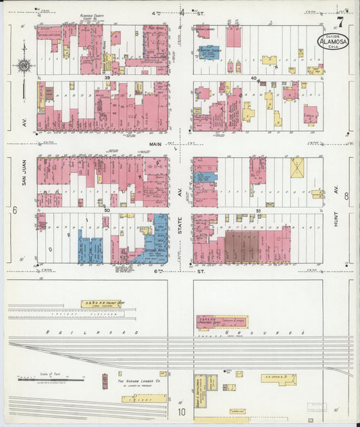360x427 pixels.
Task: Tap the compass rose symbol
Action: [x=24, y=66]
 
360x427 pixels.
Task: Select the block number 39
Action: [x=107, y=78]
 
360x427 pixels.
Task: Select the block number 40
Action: [x=254, y=78]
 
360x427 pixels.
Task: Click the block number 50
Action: [x=107, y=211]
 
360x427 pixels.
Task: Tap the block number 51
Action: [x=260, y=211]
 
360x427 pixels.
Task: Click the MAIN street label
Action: [x=156, y=143]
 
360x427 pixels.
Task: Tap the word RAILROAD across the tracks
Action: [x=91, y=332]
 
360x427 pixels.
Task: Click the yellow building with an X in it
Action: [x=297, y=168]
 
